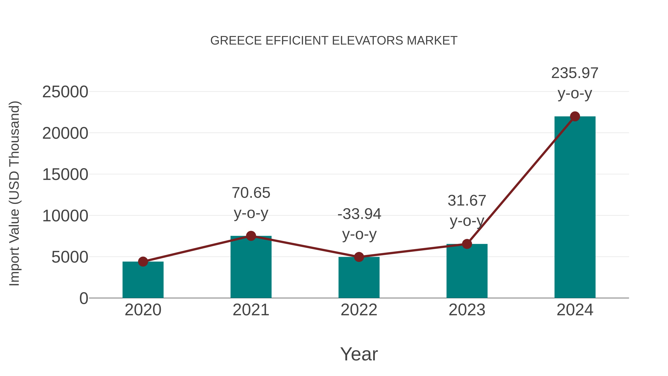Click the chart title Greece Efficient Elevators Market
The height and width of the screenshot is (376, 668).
tap(334, 41)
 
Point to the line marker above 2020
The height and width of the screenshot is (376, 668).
tap(143, 262)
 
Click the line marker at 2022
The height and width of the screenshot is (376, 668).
tap(359, 257)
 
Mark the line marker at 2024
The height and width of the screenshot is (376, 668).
tap(575, 116)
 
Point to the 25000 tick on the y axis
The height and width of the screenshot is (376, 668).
tap(65, 92)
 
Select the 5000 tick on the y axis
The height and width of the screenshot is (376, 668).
tap(70, 257)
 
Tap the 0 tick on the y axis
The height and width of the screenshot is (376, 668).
tap(84, 298)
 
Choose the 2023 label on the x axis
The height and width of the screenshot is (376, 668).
tap(467, 310)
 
